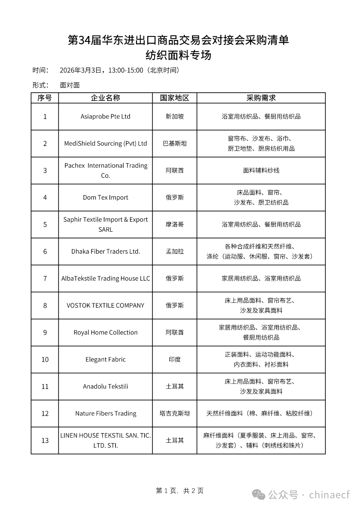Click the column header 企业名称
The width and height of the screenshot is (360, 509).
coord(105,98)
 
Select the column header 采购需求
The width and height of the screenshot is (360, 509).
coord(261,98)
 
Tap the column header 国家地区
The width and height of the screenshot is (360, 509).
coord(174,98)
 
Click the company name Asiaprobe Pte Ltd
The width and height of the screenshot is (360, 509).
coord(105,117)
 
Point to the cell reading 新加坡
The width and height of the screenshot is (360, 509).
coord(174,117)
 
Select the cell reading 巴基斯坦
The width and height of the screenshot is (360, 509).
coord(174,144)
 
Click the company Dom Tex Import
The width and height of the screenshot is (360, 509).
coord(105,198)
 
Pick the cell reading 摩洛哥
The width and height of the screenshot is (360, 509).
coord(174,225)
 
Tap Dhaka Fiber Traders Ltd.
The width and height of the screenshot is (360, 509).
coord(105,252)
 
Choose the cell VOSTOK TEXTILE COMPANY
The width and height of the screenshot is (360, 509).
coord(105,306)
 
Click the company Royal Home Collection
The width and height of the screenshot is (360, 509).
coord(105,333)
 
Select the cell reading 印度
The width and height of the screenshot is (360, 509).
coord(174,360)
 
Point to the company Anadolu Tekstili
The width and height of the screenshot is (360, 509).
coord(105,387)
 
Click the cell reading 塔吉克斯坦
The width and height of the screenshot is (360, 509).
coord(174,414)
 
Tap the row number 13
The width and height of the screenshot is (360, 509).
coord(45,441)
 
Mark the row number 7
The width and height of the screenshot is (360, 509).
coord(45,279)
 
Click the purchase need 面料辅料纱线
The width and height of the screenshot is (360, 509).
coord(261,171)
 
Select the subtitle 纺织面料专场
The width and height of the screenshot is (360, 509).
coord(178,55)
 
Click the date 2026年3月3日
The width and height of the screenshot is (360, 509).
coord(80,70)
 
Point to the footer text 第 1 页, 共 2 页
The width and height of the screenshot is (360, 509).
coord(180,491)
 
